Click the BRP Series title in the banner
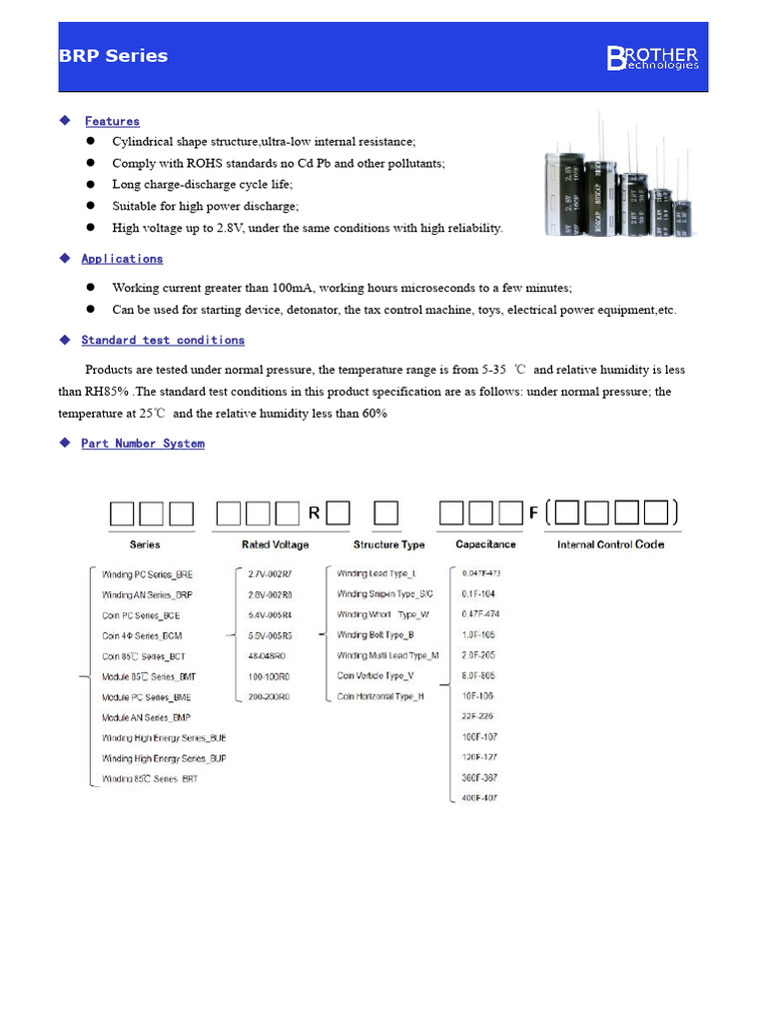[x=113, y=56]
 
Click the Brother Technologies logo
[x=652, y=58]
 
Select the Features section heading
[x=112, y=121]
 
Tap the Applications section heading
[x=122, y=259]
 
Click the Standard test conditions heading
[x=163, y=341]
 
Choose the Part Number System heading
[x=143, y=444]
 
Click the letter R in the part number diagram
[x=314, y=513]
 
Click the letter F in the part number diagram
[x=533, y=513]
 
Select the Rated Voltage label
[x=275, y=544]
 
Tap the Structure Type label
[x=388, y=544]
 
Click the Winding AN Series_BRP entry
[x=147, y=594]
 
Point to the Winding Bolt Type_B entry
[x=376, y=634]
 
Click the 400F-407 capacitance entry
[x=478, y=797]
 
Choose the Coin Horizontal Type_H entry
[x=381, y=695]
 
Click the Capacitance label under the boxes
[x=485, y=544]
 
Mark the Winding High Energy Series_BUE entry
[x=163, y=737]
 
